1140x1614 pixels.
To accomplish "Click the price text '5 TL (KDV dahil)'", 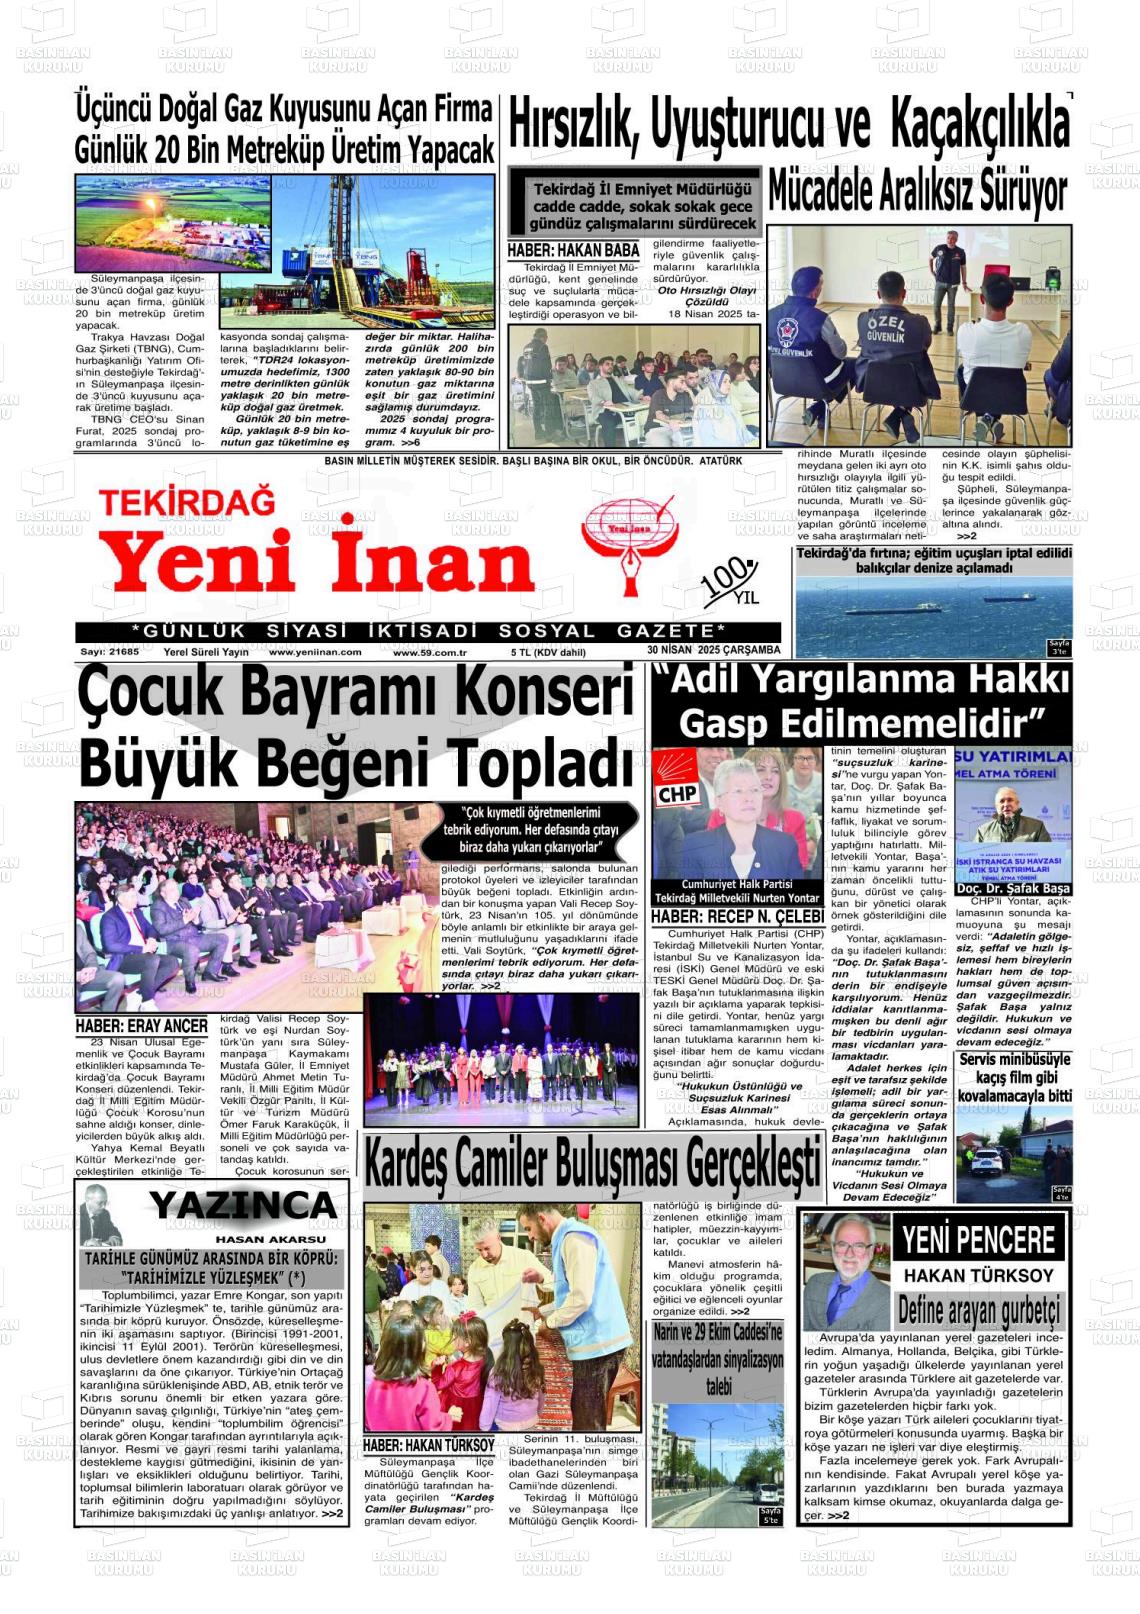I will click(548, 652).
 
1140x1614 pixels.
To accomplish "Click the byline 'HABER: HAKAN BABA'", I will click(573, 251).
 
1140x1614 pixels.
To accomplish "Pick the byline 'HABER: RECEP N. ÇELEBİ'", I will click(737, 917).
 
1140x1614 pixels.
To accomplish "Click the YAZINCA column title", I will click(243, 1206).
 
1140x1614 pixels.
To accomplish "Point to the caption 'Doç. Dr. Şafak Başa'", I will click(1013, 888).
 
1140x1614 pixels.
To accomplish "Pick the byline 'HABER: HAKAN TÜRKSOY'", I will click(428, 1445).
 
